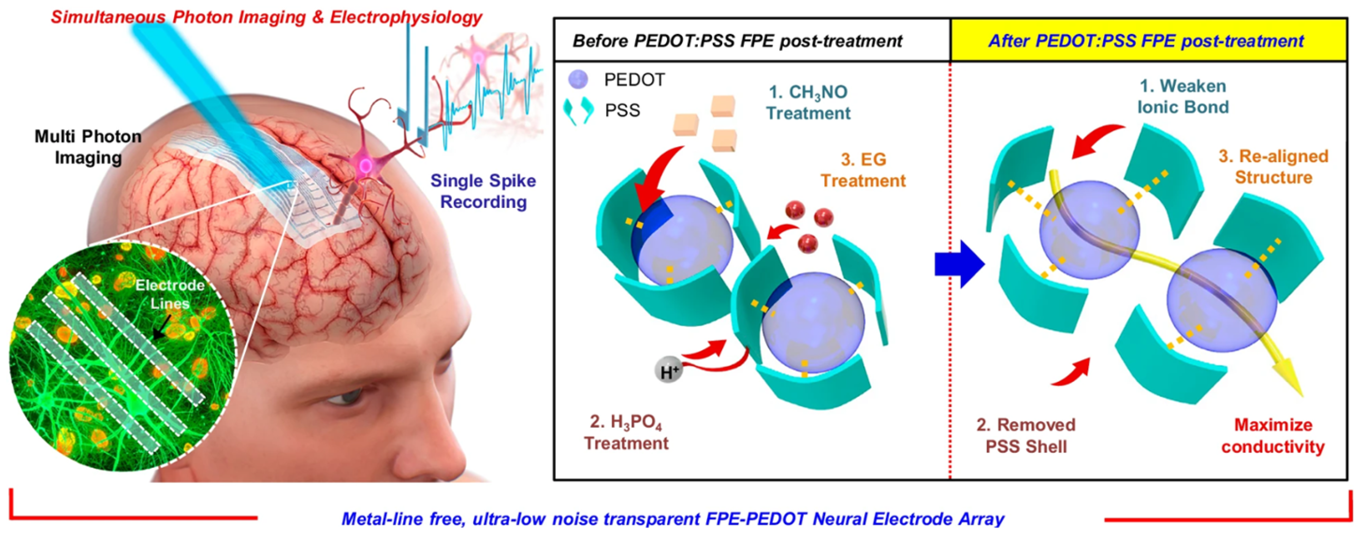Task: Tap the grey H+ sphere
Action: tap(669, 371)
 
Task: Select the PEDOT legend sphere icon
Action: tap(578, 80)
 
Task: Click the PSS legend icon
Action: tap(580, 110)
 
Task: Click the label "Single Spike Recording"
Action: tap(483, 191)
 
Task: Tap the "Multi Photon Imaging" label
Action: tap(88, 147)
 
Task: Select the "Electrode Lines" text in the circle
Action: tap(170, 294)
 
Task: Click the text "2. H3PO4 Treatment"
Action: tap(626, 432)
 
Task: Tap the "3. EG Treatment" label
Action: tap(863, 170)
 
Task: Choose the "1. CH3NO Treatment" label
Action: tap(808, 102)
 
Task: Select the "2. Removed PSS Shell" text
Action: tap(1026, 436)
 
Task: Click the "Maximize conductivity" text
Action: tap(1273, 436)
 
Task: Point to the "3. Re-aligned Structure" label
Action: tap(1273, 166)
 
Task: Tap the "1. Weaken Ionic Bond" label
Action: tap(1183, 96)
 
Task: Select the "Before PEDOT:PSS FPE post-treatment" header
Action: tap(738, 41)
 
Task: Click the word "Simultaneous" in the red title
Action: tap(108, 17)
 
